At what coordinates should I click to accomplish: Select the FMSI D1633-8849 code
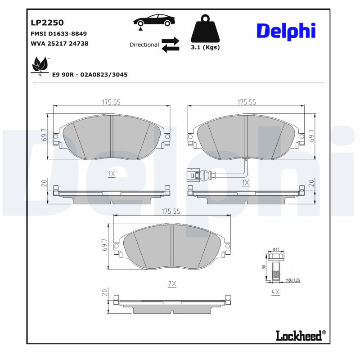coord(58,34)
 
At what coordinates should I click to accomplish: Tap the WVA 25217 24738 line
coord(59,44)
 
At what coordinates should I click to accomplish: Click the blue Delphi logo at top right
coord(286,31)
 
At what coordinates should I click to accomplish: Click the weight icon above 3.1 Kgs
coord(205,29)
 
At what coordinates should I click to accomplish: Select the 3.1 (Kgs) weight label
coord(205,47)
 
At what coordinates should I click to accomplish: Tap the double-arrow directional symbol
coord(170,45)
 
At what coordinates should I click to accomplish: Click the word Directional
coord(144,45)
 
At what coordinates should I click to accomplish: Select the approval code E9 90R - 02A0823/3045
coord(90,74)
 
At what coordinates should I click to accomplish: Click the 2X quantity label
coord(171,284)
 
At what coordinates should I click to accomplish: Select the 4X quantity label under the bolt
coord(275,292)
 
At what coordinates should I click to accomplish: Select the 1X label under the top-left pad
coord(112,174)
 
